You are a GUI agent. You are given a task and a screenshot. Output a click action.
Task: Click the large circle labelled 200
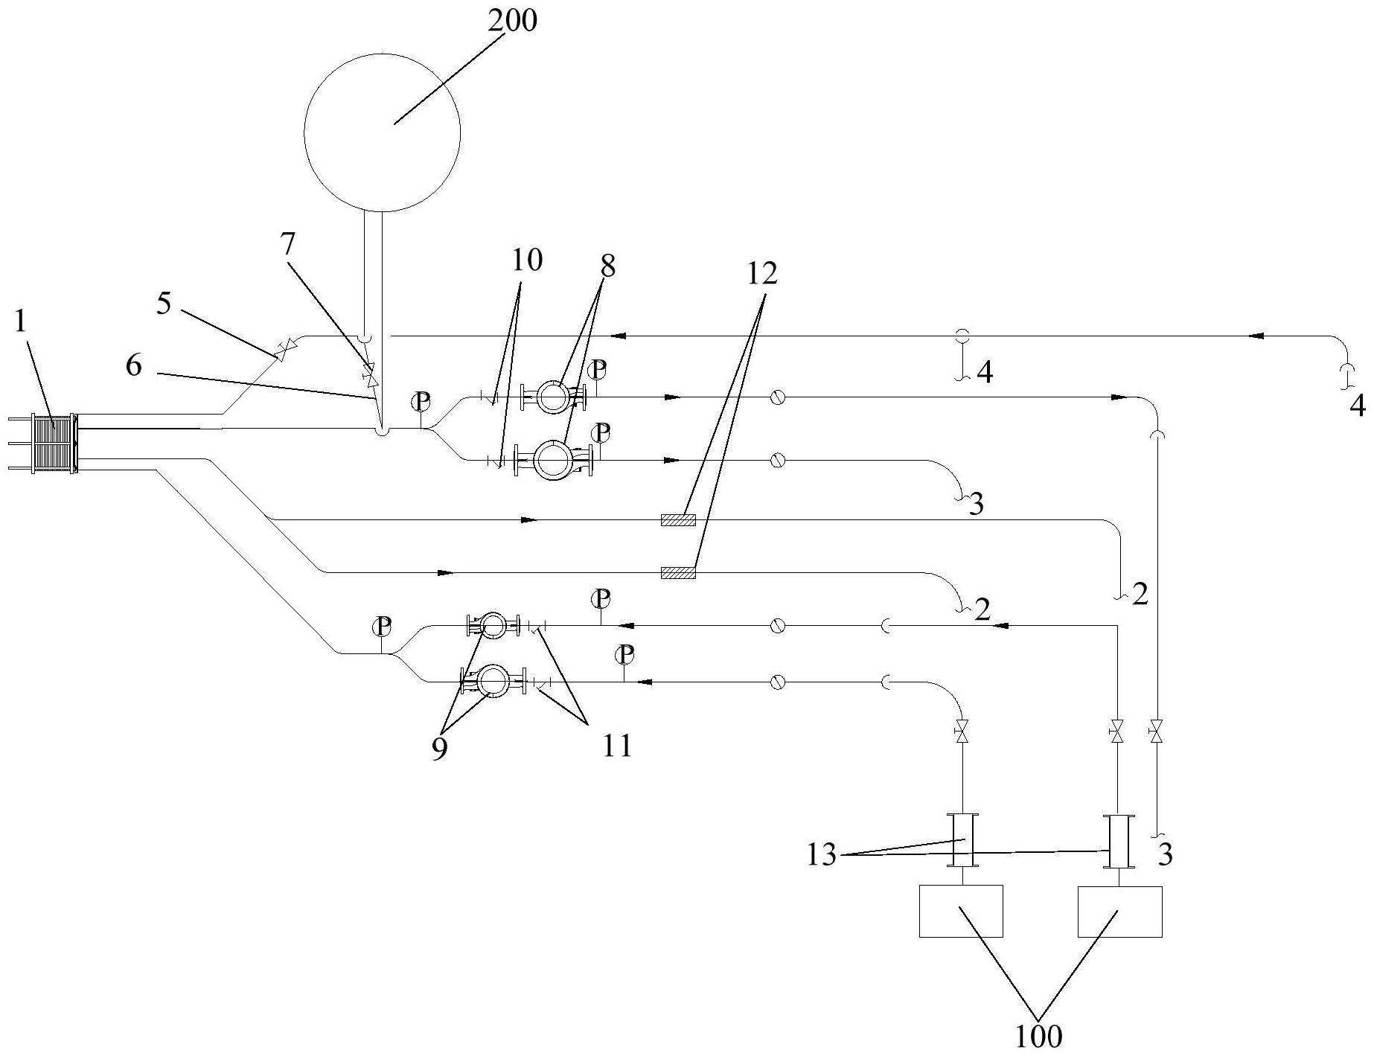(x=382, y=132)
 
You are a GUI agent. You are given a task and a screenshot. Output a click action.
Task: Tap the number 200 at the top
(x=512, y=22)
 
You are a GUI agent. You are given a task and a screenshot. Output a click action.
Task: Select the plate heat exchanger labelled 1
(x=52, y=444)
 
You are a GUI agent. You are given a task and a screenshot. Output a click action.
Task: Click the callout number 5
(x=164, y=305)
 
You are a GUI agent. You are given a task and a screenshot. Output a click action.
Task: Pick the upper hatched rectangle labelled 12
(x=678, y=519)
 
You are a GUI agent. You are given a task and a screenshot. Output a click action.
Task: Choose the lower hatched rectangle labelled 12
(x=678, y=572)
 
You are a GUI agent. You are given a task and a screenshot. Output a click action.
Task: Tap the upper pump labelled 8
(x=552, y=397)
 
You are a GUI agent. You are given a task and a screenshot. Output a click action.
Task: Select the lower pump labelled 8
(x=554, y=460)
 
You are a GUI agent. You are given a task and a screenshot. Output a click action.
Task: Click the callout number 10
(x=527, y=260)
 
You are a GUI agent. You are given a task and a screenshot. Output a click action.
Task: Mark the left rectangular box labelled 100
(x=961, y=911)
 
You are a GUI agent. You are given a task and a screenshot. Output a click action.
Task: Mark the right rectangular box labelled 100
(x=1119, y=911)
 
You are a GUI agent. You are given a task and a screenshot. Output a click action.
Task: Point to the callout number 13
(x=822, y=856)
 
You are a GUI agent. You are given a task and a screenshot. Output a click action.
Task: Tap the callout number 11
(x=617, y=745)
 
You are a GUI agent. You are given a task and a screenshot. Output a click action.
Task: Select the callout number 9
(x=439, y=749)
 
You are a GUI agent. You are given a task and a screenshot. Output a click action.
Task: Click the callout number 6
(x=134, y=365)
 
